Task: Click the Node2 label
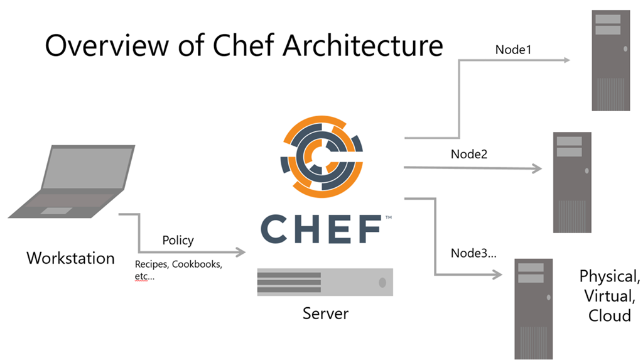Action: (x=470, y=154)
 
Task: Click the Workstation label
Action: (x=70, y=258)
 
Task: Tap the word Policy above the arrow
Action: (x=178, y=240)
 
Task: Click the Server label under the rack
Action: (x=325, y=312)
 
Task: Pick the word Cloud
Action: (x=609, y=315)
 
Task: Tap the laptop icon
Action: (x=72, y=182)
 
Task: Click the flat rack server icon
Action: (x=325, y=282)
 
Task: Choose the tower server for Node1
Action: (x=611, y=60)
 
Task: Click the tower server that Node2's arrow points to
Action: (x=572, y=182)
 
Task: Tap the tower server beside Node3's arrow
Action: (x=534, y=308)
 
